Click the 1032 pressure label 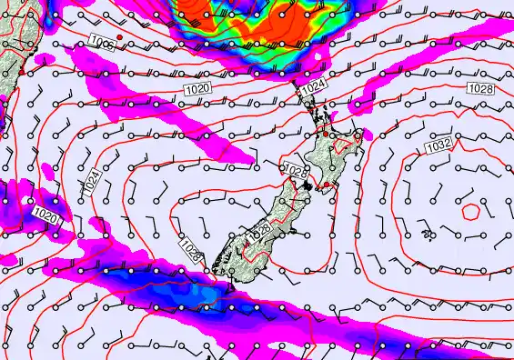(x=438, y=145)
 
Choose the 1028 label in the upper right (x=481, y=87)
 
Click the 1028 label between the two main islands (x=295, y=171)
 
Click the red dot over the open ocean (x=119, y=36)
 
